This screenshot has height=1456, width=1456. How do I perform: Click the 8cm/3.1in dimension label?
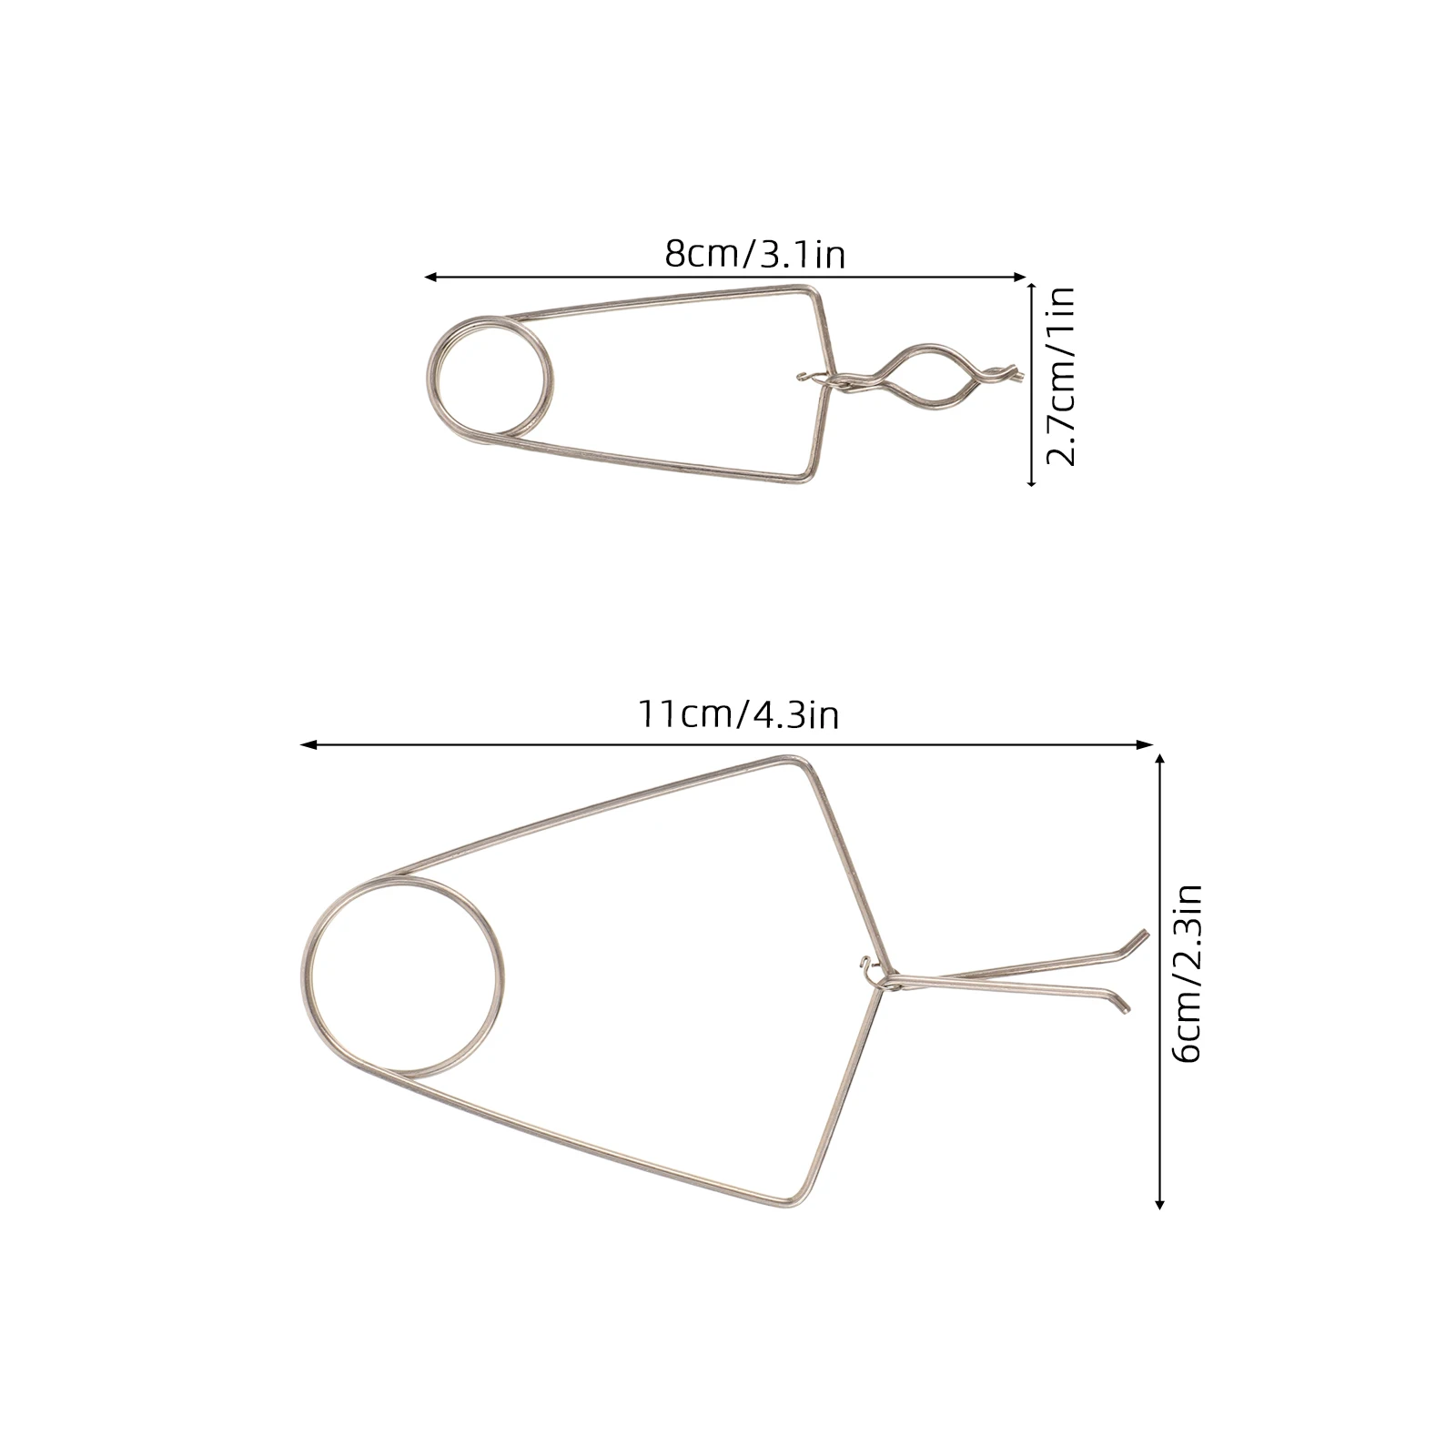754,254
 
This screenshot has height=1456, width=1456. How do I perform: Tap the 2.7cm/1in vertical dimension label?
1060,376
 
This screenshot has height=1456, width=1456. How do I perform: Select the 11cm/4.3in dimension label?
737,714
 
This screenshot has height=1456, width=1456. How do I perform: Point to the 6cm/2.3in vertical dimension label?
1188,973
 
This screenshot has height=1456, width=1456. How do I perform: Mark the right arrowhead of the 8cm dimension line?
1023,277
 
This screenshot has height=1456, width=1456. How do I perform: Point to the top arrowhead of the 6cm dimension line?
1159,758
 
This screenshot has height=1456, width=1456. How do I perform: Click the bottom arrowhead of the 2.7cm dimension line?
1031,482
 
